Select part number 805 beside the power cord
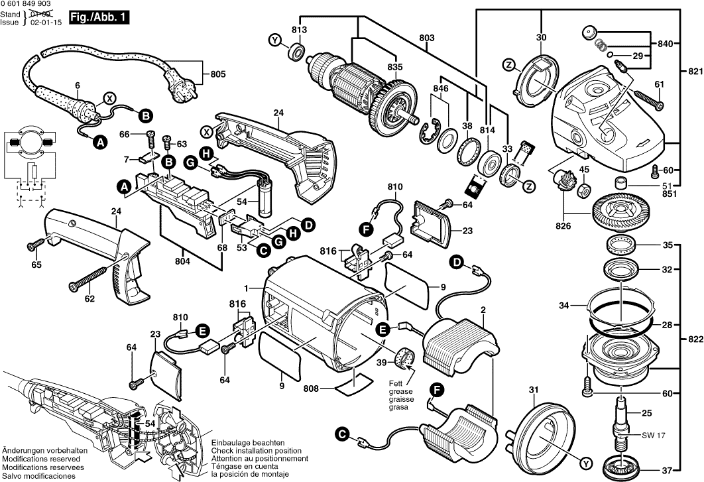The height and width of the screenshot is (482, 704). pos(218,74)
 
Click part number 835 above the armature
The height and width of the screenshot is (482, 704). pos(395,67)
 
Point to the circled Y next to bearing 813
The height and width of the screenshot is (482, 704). pos(274,40)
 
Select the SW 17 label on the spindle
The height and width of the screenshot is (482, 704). pos(653,436)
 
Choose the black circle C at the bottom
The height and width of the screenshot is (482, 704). pos(341,436)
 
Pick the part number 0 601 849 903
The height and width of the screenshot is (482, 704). pos(30,5)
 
